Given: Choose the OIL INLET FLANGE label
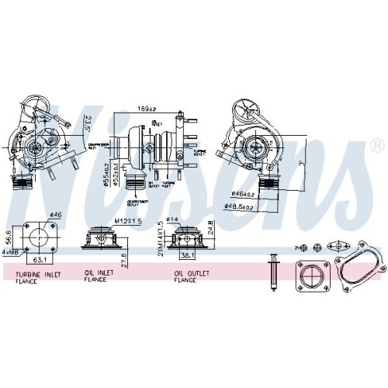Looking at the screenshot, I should [x=99, y=277].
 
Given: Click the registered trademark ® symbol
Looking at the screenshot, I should [x=376, y=145].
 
